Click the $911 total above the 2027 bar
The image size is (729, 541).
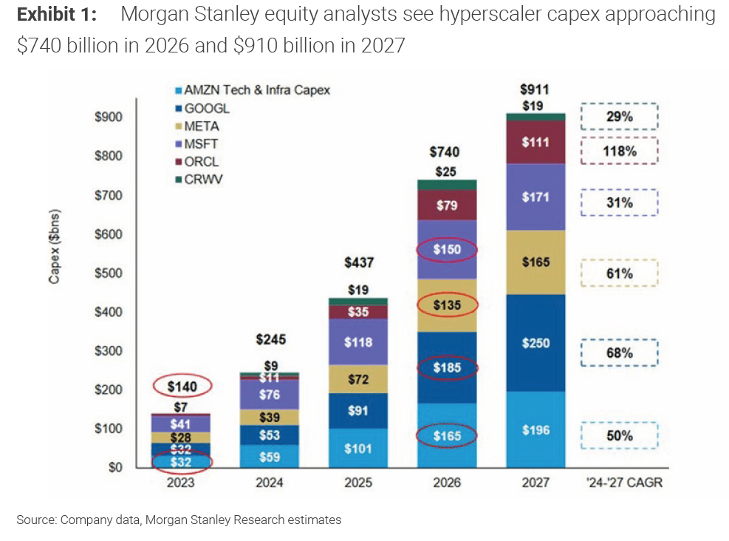[x=535, y=90]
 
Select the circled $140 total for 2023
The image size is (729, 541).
[x=182, y=385]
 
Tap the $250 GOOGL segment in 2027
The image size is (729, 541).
[x=535, y=343]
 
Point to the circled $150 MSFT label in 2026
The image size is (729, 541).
[x=447, y=250]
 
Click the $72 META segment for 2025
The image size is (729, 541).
[x=358, y=379]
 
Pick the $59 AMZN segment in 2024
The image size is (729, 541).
[x=269, y=457]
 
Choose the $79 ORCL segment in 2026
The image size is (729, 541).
[x=447, y=205]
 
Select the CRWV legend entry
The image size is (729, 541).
[x=202, y=180]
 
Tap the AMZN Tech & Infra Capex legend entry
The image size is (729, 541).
[x=251, y=90]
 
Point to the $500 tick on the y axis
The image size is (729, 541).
[x=109, y=273]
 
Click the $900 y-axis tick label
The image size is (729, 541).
[x=109, y=117]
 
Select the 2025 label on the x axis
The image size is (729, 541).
[x=358, y=483]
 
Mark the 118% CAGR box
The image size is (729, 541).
[x=618, y=151]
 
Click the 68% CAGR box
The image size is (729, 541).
[x=618, y=353]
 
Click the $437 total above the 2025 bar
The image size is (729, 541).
[x=358, y=262]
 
